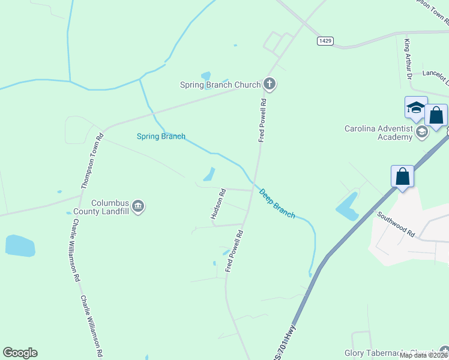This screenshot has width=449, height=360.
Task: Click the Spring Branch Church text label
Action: click(x=220, y=85)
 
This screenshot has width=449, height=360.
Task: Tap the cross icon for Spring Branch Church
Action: click(x=270, y=84)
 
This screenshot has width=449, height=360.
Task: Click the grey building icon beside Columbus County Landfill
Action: click(x=138, y=207)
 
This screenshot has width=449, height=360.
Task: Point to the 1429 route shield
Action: click(x=325, y=41)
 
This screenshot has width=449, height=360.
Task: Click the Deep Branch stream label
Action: click(x=277, y=204)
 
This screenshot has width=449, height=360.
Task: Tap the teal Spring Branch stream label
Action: click(x=161, y=136)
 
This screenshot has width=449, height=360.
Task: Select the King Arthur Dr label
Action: click(x=408, y=59)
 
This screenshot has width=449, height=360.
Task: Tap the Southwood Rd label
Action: click(x=396, y=222)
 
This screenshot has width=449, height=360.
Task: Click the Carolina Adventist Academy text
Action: click(x=378, y=132)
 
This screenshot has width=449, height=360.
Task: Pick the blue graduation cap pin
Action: click(x=416, y=108)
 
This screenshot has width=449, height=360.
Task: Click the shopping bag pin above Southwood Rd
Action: click(x=402, y=177)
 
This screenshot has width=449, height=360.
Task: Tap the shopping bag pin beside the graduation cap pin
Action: click(x=436, y=115)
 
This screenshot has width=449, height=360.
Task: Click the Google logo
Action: click(x=20, y=353)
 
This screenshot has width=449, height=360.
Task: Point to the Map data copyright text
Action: click(x=424, y=355)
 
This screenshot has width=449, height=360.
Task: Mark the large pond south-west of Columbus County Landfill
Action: click(x=20, y=246)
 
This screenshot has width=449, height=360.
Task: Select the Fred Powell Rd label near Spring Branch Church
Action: click(x=262, y=120)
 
